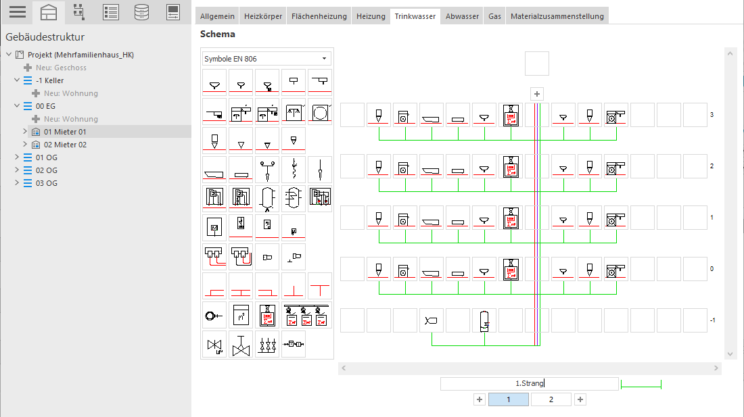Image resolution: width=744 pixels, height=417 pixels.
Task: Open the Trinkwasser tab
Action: [415, 16]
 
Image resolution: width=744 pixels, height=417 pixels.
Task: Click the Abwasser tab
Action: [462, 16]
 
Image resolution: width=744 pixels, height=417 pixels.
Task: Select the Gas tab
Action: [494, 16]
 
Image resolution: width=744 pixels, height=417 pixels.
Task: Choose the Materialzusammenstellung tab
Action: [557, 16]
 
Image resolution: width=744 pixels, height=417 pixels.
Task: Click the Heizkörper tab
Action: [263, 16]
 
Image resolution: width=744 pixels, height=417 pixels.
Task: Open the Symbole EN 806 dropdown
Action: [266, 59]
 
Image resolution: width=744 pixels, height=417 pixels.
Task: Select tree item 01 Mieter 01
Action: [65, 132]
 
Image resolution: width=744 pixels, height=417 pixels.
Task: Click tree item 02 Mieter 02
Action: [65, 145]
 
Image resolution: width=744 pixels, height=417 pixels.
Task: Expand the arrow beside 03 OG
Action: [17, 182]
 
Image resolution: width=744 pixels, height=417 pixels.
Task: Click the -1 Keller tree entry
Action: [49, 80]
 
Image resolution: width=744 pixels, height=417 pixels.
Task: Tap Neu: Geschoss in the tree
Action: [61, 68]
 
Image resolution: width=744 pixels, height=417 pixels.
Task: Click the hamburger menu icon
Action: [18, 12]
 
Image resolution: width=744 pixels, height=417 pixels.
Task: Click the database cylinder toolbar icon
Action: [141, 12]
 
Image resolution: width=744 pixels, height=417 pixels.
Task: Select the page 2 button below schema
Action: [551, 399]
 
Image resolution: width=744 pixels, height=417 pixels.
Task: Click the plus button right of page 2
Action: [580, 399]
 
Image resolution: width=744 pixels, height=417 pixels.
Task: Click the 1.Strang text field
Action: [530, 383]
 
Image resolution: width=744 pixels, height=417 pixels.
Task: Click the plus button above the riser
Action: [536, 94]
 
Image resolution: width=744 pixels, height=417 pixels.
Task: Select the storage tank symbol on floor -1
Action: [484, 321]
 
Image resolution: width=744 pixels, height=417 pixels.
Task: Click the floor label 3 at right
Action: [712, 115]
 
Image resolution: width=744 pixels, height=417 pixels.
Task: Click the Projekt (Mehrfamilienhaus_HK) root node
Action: [80, 55]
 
